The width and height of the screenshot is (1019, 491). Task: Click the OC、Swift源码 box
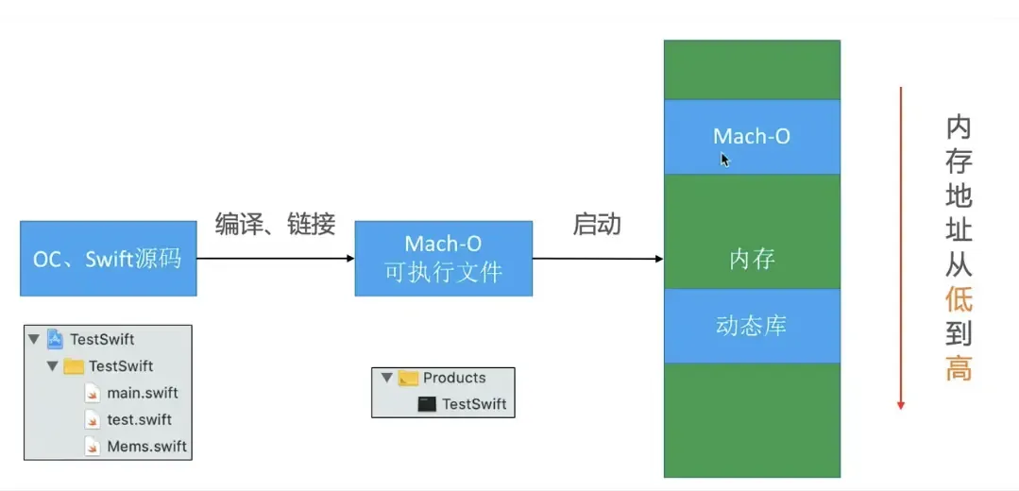point(108,258)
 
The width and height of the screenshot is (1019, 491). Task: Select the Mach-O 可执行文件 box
point(443,258)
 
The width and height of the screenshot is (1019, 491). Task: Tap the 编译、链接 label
point(275,224)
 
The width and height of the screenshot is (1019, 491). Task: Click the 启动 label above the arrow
point(597,224)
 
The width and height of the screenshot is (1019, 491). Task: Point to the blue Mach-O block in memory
point(752,136)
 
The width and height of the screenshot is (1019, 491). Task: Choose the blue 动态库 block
point(752,326)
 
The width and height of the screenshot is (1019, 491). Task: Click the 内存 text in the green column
point(752,258)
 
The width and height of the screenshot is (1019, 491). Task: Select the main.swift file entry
point(142,393)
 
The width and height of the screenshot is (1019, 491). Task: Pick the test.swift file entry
point(139,419)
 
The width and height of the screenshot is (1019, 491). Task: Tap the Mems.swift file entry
point(146,446)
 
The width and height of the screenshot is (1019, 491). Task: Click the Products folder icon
point(408,378)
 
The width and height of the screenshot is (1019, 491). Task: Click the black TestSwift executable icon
point(427,404)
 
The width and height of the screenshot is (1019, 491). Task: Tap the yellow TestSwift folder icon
point(74,366)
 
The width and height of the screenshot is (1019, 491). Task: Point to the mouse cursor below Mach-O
point(724,160)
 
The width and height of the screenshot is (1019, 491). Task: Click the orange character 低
point(959,300)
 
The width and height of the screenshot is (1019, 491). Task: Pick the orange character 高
point(959,368)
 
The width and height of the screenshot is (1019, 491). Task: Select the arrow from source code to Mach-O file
point(275,258)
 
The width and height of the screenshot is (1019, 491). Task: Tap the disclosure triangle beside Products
point(385,378)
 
